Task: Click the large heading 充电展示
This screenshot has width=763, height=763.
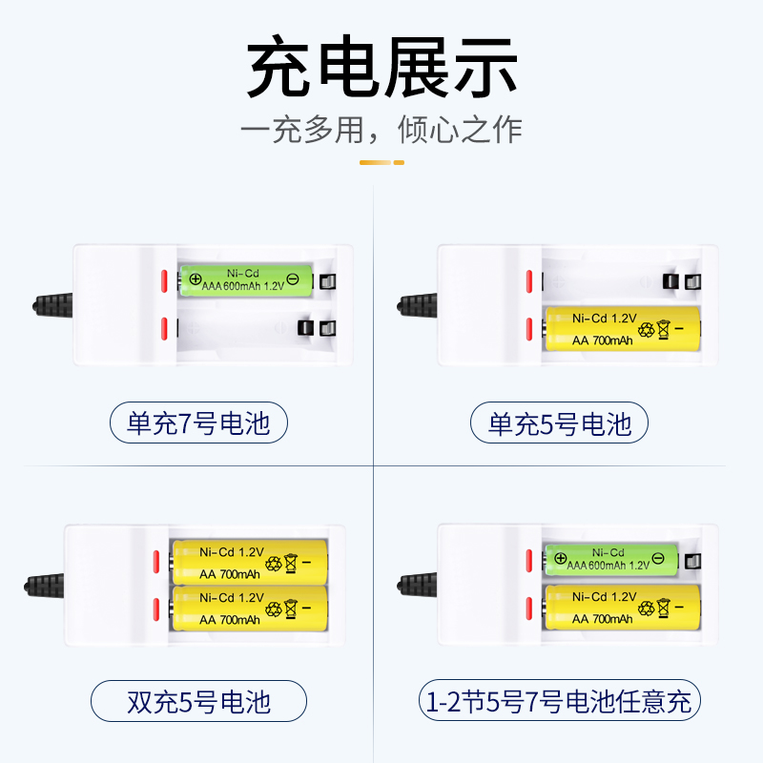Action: [x=381, y=69]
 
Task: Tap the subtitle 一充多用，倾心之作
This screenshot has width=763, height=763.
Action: [x=381, y=130]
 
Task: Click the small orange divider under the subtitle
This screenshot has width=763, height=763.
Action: [x=381, y=162]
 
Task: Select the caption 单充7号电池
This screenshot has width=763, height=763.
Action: [x=198, y=423]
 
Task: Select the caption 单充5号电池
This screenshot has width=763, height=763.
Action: [x=560, y=423]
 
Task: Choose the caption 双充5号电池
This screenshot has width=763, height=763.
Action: [x=198, y=702]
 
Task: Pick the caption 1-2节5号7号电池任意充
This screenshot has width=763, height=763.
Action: [x=560, y=702]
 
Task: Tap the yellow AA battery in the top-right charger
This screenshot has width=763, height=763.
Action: [x=620, y=328]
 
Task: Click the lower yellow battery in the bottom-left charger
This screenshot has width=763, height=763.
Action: [x=249, y=608]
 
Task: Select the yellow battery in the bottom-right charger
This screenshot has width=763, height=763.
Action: [x=620, y=608]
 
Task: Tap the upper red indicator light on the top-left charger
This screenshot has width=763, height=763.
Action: [x=164, y=280]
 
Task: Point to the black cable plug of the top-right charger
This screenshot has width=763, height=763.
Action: [x=417, y=305]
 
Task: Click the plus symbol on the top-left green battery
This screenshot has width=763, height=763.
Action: [x=195, y=279]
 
